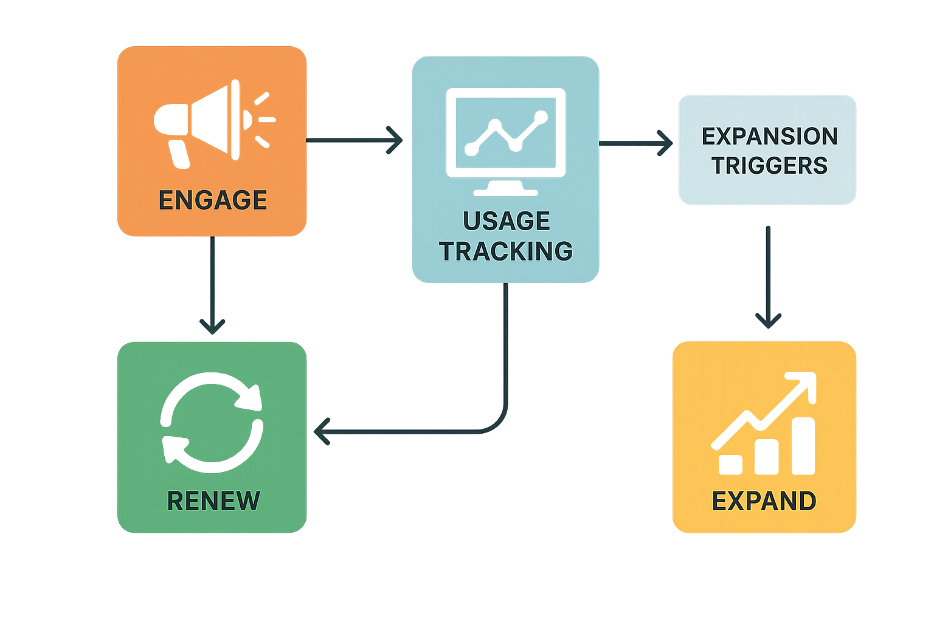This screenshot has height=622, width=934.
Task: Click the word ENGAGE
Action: pos(213,200)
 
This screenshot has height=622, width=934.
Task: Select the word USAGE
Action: pos(507,221)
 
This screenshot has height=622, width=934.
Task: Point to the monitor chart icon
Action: pos(506,134)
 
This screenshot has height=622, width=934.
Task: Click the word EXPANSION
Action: pos(770,137)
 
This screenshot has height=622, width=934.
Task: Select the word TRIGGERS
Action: pos(770,165)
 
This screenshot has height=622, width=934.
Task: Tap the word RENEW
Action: pos(213,501)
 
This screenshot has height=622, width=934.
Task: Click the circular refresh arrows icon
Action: pos(211,422)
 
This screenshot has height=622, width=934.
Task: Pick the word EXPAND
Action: pos(764,501)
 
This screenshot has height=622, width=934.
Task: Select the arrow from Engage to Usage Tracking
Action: pos(353,140)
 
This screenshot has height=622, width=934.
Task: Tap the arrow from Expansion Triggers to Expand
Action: pos(768,273)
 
